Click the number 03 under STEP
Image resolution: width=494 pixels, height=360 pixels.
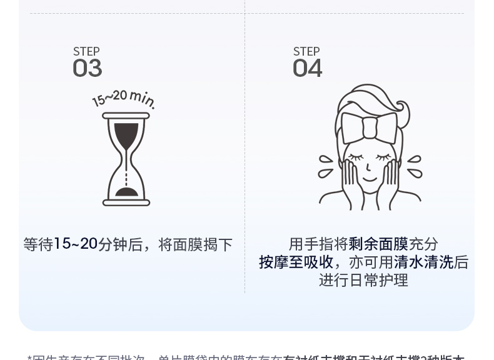pyautogui.click(x=87, y=68)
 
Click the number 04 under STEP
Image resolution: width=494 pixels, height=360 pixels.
pyautogui.click(x=307, y=68)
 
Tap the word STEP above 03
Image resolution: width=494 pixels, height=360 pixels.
pyautogui.click(x=86, y=51)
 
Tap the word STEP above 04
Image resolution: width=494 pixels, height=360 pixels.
pyautogui.click(x=306, y=51)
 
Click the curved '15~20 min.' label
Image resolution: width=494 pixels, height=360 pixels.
pyautogui.click(x=124, y=98)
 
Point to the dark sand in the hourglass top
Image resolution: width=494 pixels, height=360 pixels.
pyautogui.click(x=126, y=134)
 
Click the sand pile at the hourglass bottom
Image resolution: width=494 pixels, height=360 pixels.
pyautogui.click(x=126, y=191)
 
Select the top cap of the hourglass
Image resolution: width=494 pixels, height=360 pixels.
pyautogui.click(x=126, y=116)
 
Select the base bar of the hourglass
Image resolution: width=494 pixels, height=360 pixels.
pyautogui.click(x=126, y=202)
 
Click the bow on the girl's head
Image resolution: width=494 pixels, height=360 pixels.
pyautogui.click(x=370, y=127)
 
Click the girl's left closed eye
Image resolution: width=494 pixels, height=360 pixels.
pyautogui.click(x=355, y=157)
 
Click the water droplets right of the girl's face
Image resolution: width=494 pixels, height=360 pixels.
pyautogui.click(x=414, y=165)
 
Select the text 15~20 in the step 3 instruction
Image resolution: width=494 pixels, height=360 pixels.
pyautogui.click(x=76, y=244)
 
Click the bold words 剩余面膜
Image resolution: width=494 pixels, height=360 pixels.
pyautogui.click(x=378, y=244)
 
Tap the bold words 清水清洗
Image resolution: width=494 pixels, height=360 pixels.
pyautogui.click(x=423, y=262)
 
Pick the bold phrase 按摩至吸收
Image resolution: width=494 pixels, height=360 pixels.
pyautogui.click(x=296, y=262)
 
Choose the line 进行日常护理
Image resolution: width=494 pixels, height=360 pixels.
pyautogui.click(x=363, y=280)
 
